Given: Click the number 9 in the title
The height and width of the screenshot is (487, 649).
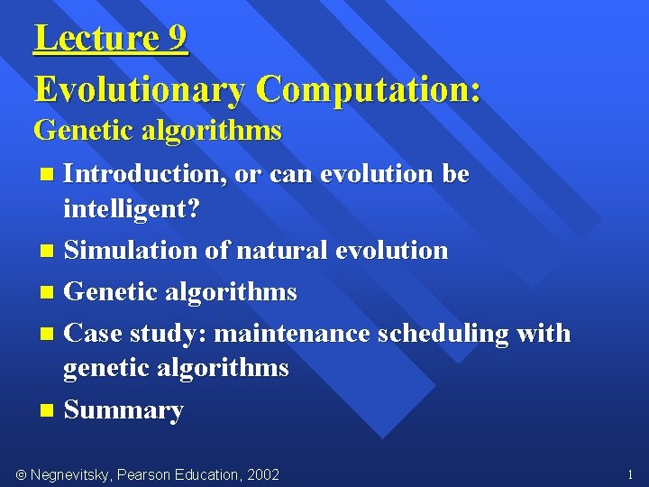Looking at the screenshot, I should (177, 39).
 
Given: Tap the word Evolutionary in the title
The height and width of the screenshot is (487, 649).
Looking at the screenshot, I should (139, 89).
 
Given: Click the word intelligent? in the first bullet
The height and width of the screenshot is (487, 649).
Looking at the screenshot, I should (132, 209).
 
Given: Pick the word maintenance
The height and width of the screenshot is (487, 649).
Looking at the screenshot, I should (293, 334).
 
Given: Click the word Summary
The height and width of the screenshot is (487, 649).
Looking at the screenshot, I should (123, 410).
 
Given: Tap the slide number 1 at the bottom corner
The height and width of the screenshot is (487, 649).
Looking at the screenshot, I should (629, 473).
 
